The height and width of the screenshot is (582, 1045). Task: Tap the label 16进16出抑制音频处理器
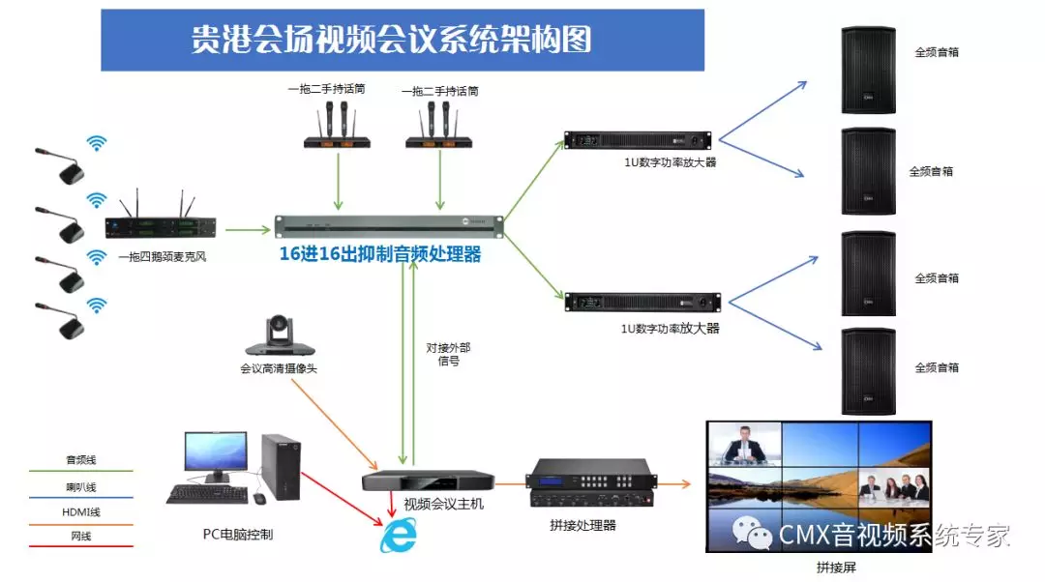click(x=380, y=255)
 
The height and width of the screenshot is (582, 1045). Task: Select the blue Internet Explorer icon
click(x=398, y=536)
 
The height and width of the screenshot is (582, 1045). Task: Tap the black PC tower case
click(x=281, y=467)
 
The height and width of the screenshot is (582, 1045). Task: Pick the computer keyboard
click(x=205, y=494)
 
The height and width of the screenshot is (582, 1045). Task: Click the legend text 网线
click(x=82, y=536)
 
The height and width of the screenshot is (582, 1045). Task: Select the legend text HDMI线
click(x=82, y=511)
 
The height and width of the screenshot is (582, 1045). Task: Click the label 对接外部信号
click(x=448, y=354)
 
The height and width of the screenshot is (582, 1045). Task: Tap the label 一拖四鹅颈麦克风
click(x=162, y=257)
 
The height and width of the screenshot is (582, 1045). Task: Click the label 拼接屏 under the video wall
click(x=836, y=567)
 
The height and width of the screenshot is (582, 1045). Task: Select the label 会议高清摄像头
click(x=278, y=368)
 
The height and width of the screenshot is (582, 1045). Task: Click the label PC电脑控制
click(x=238, y=533)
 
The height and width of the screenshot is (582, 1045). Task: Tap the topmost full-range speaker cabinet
click(x=868, y=70)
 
